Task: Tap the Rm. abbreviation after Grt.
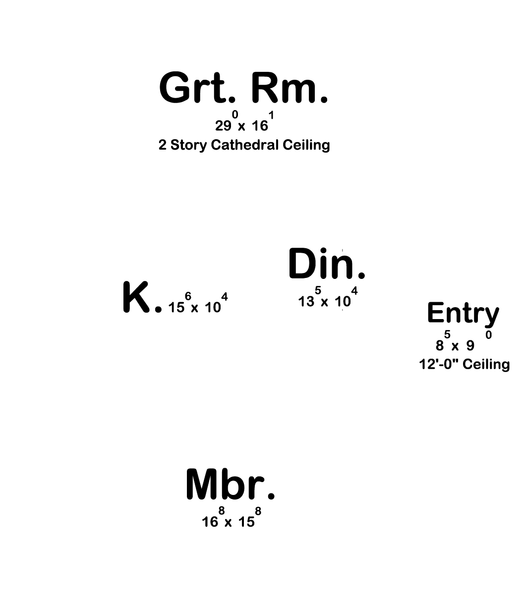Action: click(290, 87)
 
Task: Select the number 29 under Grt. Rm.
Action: click(223, 126)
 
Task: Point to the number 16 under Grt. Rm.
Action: click(260, 126)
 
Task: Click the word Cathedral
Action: click(244, 145)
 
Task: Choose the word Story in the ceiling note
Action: click(188, 146)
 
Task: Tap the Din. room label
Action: click(327, 264)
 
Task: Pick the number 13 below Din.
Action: click(306, 301)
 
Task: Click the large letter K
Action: click(136, 297)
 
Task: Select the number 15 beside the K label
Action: click(176, 308)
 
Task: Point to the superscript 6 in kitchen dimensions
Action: click(188, 296)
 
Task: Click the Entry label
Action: click(463, 314)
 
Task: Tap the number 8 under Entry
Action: click(440, 346)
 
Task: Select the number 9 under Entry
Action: click(470, 346)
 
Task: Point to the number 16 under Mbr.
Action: click(210, 522)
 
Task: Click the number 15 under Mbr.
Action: click(246, 522)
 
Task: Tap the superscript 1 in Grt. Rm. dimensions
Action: click(271, 115)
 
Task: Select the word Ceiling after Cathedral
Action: click(306, 146)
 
